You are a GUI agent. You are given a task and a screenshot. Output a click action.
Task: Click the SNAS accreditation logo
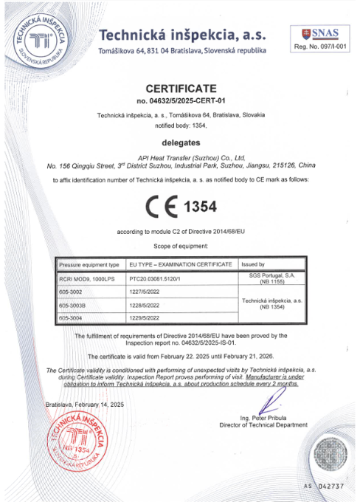tap(321, 33)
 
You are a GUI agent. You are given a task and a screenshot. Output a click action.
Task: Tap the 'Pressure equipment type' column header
tap(89, 264)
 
